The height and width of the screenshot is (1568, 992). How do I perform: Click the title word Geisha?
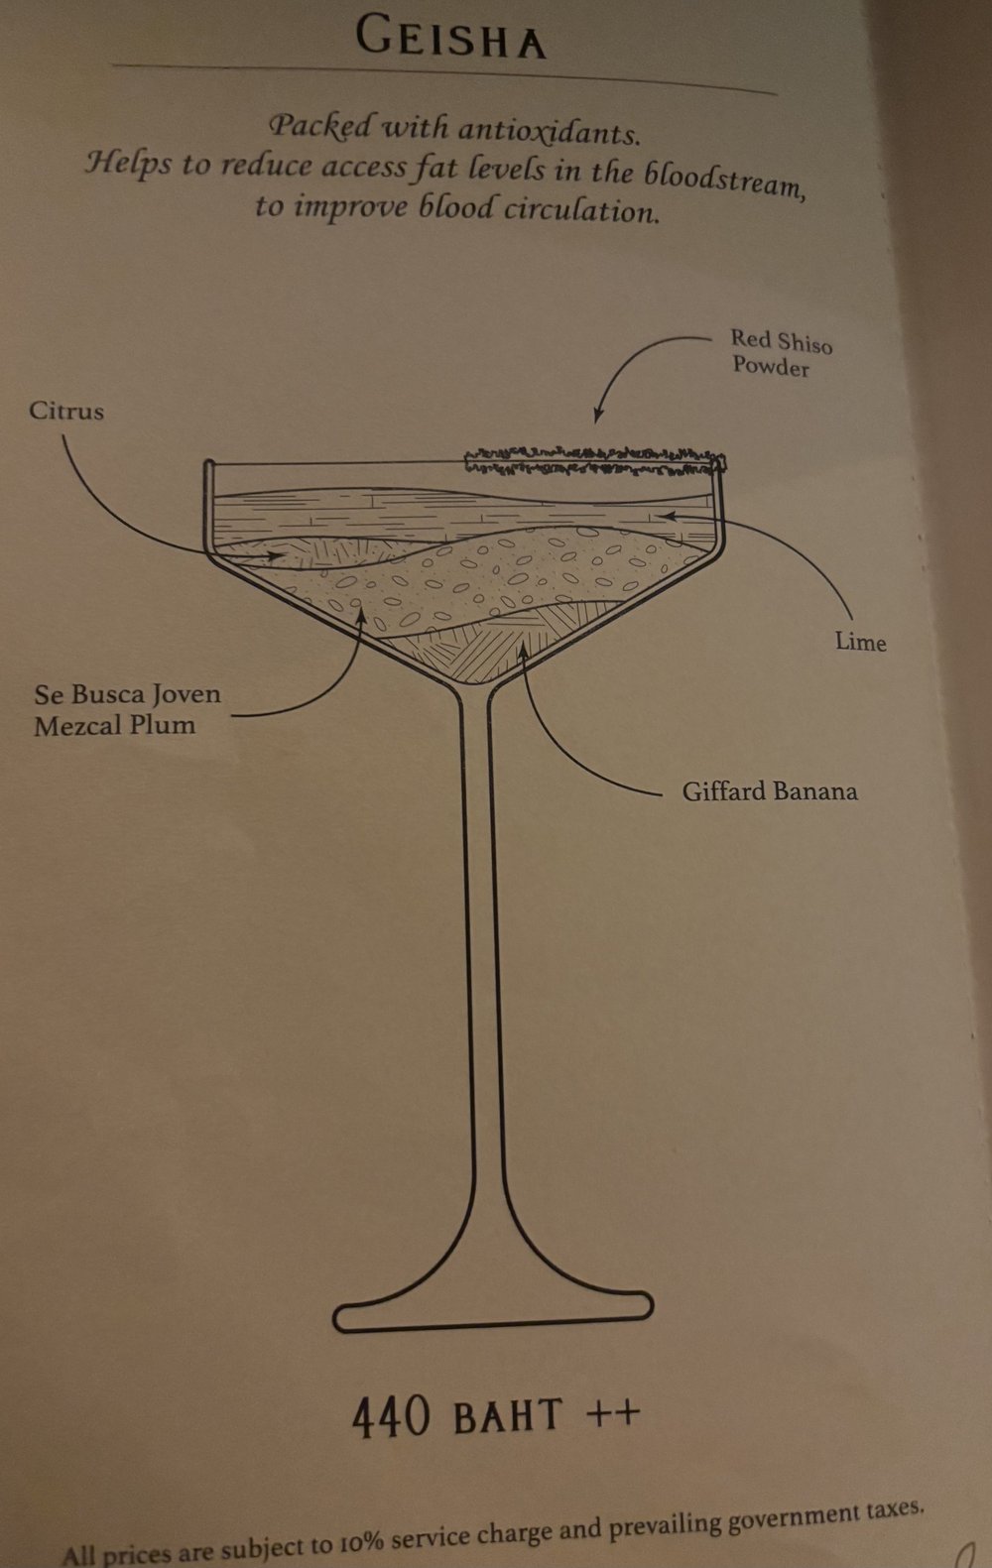[450, 41]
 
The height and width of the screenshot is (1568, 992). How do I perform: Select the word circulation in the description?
[581, 210]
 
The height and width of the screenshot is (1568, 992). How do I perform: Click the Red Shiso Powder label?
[780, 354]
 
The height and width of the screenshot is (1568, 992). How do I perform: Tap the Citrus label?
[66, 411]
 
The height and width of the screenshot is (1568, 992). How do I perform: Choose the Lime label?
[860, 642]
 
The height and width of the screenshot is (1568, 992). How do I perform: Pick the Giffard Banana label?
[769, 791]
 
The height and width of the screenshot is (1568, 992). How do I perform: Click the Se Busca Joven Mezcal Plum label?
[127, 709]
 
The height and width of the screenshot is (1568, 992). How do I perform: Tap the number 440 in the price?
[391, 1416]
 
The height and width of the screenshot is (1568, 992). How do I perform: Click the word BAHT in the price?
[508, 1416]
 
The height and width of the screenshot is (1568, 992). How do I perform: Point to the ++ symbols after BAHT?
[613, 1412]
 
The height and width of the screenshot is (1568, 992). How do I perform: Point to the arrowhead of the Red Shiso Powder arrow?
[597, 420]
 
